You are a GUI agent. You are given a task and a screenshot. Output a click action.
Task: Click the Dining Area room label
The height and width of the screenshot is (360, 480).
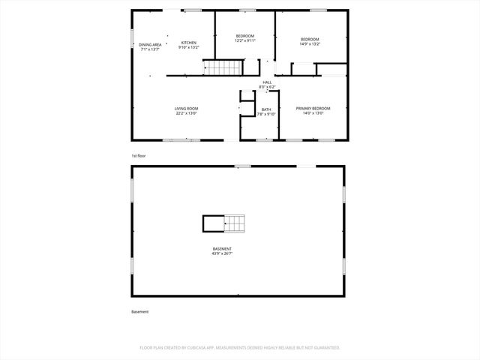150,44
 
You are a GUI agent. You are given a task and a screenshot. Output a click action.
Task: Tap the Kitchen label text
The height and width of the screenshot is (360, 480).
188,43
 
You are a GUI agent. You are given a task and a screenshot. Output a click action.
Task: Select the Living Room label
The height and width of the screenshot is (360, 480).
186,109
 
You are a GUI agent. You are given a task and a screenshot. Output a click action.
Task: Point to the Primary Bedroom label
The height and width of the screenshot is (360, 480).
313,109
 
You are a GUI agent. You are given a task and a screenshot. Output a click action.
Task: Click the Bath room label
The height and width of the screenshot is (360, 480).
266,109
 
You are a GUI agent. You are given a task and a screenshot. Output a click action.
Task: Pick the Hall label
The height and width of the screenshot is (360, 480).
267,82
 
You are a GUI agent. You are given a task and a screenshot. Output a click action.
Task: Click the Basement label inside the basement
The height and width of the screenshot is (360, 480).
222,248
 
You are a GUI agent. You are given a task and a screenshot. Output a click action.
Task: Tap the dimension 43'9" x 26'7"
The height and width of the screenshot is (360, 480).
222,253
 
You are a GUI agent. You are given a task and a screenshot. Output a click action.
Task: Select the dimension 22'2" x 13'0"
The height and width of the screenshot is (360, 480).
186,114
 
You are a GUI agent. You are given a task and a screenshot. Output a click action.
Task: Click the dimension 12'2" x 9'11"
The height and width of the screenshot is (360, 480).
245,41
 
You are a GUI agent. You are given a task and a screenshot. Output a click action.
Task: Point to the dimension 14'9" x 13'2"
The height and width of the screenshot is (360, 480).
310,43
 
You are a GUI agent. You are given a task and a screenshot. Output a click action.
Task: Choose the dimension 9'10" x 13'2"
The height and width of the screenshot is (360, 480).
188,47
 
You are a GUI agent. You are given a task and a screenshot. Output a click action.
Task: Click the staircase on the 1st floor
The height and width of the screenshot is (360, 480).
223,68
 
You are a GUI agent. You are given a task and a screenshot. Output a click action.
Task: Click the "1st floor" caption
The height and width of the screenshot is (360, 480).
139,155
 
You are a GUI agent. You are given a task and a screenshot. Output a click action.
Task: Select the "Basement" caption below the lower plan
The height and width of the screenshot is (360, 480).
140,311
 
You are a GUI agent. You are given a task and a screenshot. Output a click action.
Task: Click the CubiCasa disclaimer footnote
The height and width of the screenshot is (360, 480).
240,348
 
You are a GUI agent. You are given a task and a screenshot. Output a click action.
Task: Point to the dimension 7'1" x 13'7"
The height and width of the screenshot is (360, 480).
150,49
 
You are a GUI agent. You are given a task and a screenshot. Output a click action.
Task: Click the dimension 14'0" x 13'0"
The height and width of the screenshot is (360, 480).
313,114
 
